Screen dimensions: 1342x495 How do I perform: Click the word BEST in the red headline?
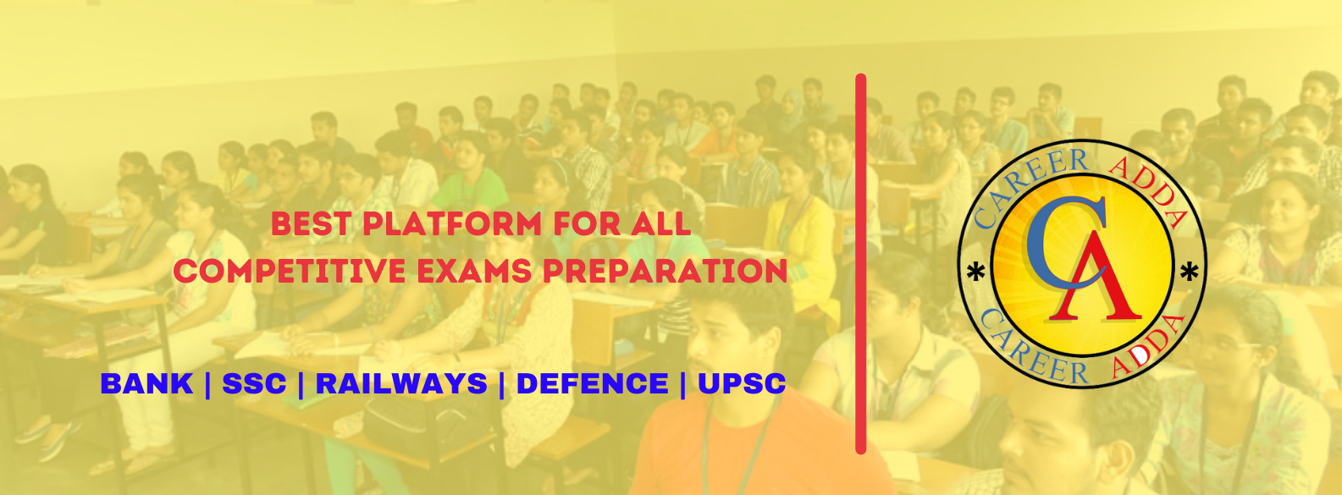click(311, 224)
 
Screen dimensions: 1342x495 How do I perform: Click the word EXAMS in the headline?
click(474, 271)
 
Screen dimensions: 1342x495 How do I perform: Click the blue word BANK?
click(146, 383)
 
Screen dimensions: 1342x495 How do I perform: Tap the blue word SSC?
click(254, 383)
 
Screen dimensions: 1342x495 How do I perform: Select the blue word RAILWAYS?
click(401, 383)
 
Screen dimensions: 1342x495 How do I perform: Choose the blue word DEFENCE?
click(593, 383)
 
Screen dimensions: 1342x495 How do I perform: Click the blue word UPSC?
click(742, 383)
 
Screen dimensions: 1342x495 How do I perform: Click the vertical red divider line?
click(861, 264)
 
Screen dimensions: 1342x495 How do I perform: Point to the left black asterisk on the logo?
click(976, 272)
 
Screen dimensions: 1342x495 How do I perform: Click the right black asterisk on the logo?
click(1190, 272)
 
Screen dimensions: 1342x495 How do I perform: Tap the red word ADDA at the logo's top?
click(1151, 185)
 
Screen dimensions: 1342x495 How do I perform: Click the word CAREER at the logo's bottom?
click(1031, 350)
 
